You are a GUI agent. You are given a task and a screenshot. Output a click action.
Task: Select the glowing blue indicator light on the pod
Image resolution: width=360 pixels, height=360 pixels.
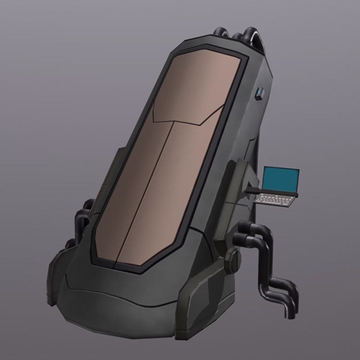pos(260,93)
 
